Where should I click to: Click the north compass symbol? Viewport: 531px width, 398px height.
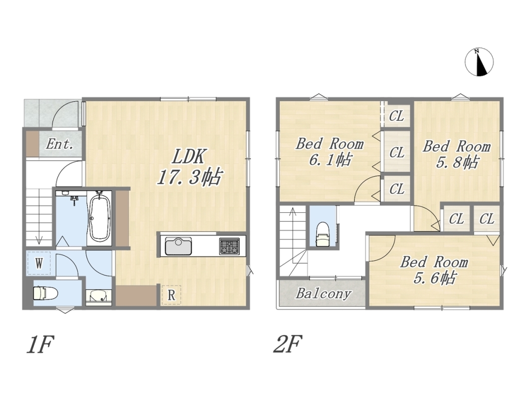pos(479,62)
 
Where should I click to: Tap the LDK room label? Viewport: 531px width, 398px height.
pos(189,157)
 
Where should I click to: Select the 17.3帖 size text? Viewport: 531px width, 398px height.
pos(189,177)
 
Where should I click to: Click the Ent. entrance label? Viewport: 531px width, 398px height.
pos(60,144)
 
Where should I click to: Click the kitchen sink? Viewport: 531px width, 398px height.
pos(178,246)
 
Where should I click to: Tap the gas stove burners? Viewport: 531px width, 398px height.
pos(229,246)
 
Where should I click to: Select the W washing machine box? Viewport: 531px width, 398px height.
pos(39,263)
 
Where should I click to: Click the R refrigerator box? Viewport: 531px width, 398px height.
pos(171,295)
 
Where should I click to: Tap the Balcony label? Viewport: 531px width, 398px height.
pos(323,293)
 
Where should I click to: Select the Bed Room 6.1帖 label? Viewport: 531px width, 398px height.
pos(330,152)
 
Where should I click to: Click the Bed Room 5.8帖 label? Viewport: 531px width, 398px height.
pos(456,154)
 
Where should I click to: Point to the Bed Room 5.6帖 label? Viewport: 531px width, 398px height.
pos(434,270)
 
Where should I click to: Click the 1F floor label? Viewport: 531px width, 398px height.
pos(40,344)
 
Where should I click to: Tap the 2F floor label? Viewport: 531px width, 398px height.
pos(288,344)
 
